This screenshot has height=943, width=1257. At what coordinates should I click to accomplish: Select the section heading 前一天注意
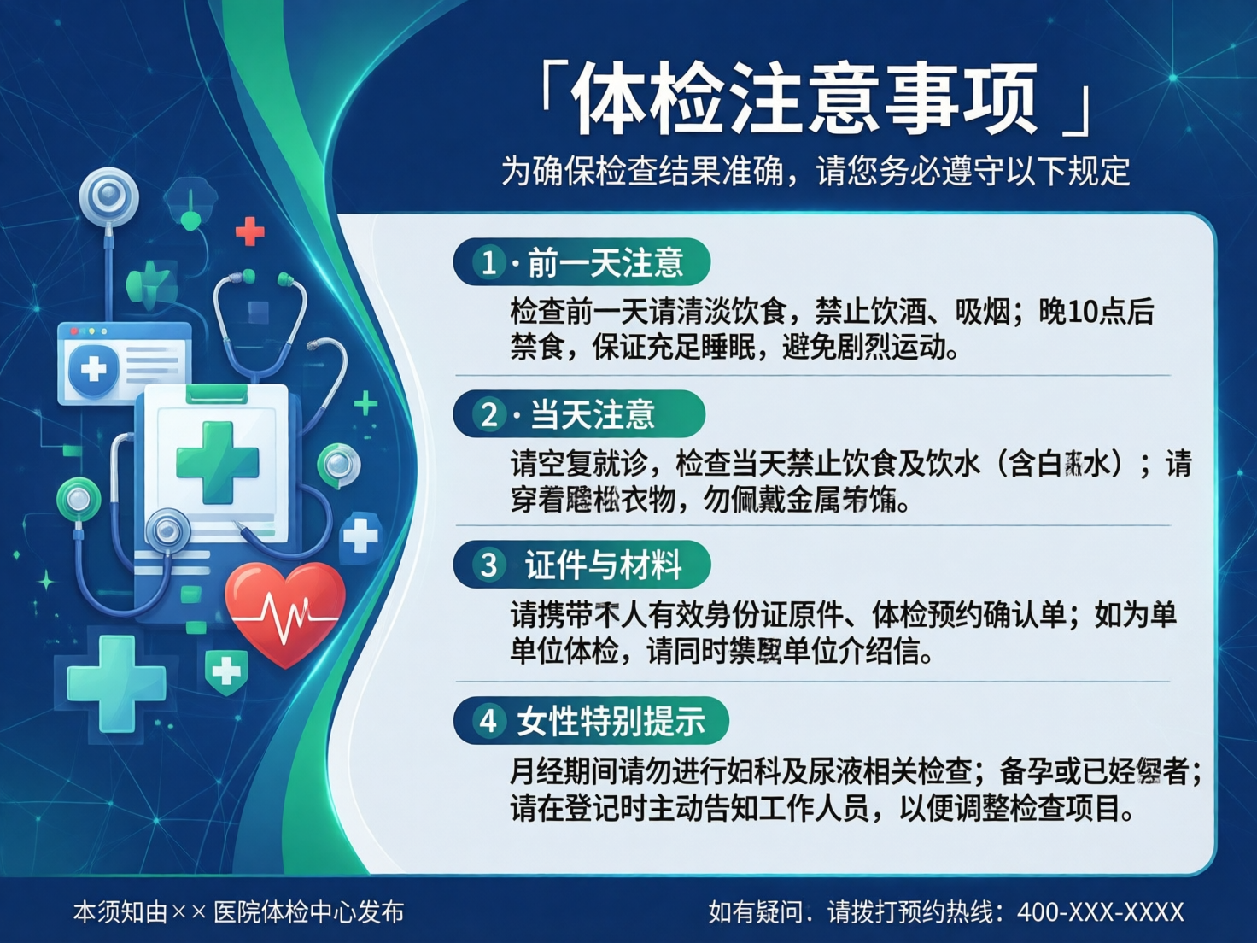605,262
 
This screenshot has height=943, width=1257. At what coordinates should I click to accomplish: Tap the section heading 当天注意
592,415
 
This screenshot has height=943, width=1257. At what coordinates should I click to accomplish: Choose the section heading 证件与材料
603,565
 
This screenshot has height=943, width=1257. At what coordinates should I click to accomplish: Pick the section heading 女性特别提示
611,721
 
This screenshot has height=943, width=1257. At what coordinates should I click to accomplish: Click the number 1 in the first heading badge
488,262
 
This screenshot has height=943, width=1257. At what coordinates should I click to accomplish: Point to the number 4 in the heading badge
488,721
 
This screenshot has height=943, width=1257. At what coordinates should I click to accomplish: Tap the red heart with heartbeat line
284,611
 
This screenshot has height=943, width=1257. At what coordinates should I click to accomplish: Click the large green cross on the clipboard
217,462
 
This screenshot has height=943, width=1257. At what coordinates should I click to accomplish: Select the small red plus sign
249,231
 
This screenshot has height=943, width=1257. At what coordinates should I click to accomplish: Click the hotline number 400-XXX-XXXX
1100,912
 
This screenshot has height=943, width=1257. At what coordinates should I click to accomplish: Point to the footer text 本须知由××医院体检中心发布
238,912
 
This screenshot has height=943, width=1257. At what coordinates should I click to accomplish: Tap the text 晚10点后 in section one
1096,312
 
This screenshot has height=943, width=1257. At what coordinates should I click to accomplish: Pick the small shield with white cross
226,671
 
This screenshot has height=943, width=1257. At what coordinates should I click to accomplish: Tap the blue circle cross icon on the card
93,369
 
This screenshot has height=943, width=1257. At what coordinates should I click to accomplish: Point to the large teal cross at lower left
116,683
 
